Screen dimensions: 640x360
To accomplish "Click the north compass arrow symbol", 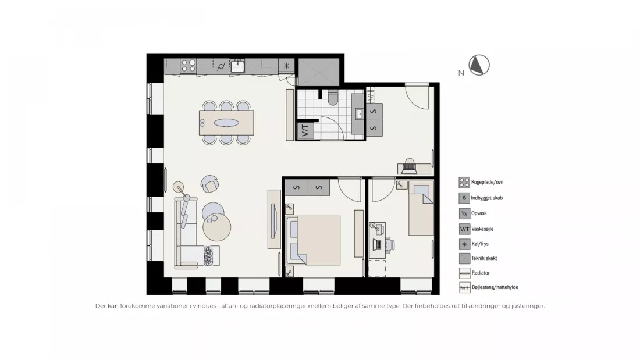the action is tap(479, 65).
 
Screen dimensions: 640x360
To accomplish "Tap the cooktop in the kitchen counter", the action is tap(189, 66).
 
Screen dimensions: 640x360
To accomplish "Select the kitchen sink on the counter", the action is tap(237, 66).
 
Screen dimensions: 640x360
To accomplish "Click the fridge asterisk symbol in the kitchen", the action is tap(286, 66).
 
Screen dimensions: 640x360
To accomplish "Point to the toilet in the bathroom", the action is tap(333, 98).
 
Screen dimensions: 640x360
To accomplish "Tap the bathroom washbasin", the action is tap(360, 114).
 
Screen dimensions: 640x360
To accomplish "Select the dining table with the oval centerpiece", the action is tap(226, 123).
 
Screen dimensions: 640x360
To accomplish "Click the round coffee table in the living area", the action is tap(217, 227).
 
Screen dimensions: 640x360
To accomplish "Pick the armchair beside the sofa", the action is tap(210, 184).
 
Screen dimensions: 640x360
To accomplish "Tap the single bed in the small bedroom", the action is tap(421, 209).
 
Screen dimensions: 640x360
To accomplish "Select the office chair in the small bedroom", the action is tap(389, 244).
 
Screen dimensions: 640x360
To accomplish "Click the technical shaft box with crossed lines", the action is tap(319, 72).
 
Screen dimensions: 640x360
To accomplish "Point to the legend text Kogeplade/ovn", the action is tap(488, 183).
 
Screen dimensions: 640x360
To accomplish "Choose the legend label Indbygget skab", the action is tap(487, 198).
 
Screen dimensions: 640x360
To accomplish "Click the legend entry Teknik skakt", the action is tap(484, 258).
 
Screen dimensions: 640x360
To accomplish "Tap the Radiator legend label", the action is tap(481, 273).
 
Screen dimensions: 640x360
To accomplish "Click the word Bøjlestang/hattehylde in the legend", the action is tap(495, 287).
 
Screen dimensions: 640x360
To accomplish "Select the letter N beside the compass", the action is tap(461, 73).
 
